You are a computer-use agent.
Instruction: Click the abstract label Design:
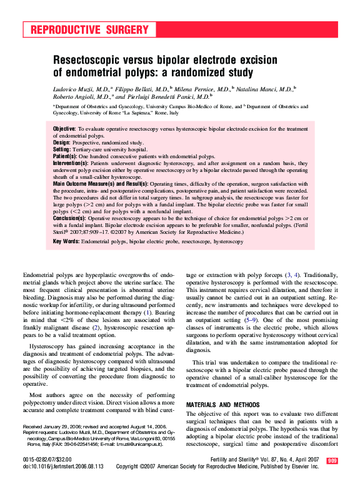(62, 143)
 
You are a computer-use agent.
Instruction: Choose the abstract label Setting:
(62, 149)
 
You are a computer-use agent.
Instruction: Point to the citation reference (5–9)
(251, 320)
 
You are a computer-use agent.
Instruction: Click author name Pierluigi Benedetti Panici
(170, 98)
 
